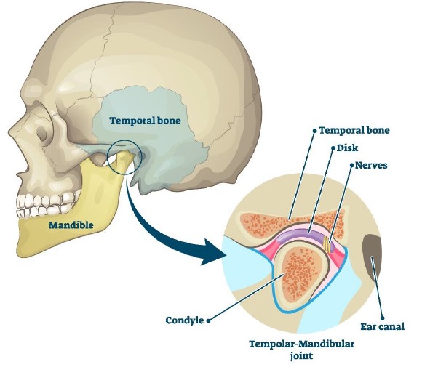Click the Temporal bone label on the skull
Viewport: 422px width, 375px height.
click(x=145, y=121)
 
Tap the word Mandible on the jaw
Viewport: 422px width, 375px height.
click(x=71, y=225)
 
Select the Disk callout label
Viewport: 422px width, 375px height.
click(x=348, y=148)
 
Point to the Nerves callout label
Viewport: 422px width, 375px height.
click(x=371, y=165)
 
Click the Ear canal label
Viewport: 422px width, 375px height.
click(x=383, y=326)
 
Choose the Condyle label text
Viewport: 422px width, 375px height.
click(x=185, y=320)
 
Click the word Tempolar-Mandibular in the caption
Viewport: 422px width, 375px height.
click(x=301, y=344)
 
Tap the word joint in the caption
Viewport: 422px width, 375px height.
click(x=301, y=356)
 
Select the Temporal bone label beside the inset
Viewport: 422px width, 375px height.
click(x=354, y=130)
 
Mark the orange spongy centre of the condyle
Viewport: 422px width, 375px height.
click(x=300, y=273)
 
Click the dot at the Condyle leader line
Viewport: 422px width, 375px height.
click(x=208, y=320)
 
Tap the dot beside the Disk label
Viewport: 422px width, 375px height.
click(x=333, y=148)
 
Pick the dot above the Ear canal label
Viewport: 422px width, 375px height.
click(x=382, y=318)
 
